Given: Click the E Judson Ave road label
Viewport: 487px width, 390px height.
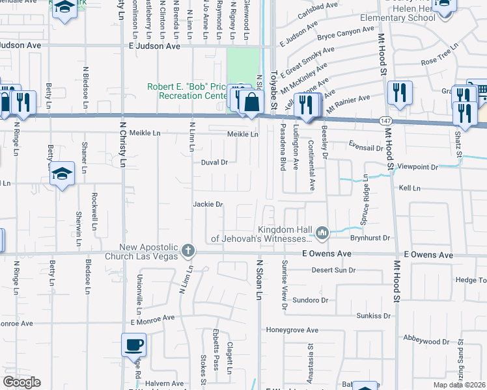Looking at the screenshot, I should (x=154, y=46).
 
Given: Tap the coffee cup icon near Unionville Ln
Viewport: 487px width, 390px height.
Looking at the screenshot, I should (x=135, y=344).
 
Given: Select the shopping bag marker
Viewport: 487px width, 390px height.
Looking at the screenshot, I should (x=251, y=102).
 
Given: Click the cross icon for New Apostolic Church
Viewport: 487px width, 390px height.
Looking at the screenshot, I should (x=188, y=250).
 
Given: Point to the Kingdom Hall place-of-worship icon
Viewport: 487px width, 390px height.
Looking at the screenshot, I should (x=322, y=233).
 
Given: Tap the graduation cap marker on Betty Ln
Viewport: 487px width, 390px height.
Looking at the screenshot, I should (x=62, y=174).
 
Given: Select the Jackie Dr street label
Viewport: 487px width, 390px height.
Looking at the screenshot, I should (x=208, y=204).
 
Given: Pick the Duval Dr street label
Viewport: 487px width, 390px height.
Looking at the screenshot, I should (x=214, y=162).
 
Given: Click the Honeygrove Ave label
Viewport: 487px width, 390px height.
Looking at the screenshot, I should (x=292, y=330).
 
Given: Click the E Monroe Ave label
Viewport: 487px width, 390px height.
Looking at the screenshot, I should (x=152, y=318).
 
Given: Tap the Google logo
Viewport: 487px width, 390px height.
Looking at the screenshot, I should (x=21, y=382).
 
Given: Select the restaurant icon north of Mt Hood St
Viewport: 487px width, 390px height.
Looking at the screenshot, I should (x=398, y=92).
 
